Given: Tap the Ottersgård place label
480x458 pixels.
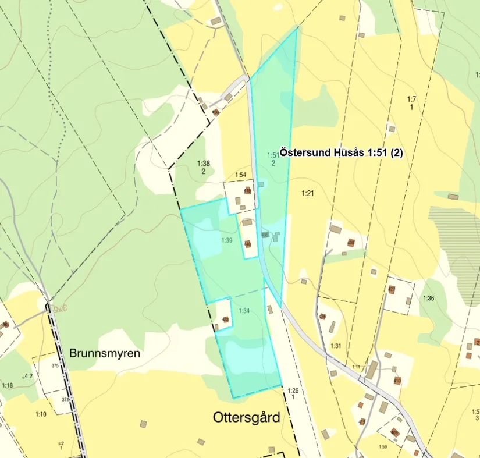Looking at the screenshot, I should (247, 417).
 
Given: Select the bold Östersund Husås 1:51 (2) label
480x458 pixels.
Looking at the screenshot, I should (341, 152).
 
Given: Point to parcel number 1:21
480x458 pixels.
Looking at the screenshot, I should (308, 193).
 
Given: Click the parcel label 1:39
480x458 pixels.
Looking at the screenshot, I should (227, 240).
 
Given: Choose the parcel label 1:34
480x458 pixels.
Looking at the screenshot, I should (244, 311).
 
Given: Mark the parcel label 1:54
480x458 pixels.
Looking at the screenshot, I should (241, 175).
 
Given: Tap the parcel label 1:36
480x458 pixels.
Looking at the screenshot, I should (428, 299).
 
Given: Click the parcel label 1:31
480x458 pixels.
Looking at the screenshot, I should (336, 346).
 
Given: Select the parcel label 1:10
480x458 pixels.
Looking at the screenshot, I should (41, 414).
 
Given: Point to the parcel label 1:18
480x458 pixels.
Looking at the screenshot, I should (8, 385).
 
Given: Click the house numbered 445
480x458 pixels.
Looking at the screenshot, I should (247, 190).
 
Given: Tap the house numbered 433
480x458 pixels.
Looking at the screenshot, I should (226, 319).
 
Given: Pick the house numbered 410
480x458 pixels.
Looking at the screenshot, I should (397, 381).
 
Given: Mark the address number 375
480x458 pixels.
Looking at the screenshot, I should (55, 366).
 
